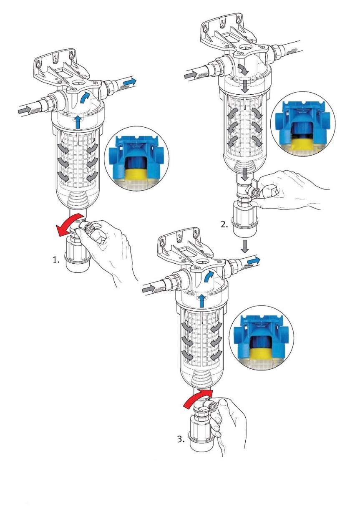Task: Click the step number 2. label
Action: (224, 224)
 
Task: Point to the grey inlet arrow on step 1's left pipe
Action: (25, 111)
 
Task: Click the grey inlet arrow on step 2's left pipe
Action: (190, 75)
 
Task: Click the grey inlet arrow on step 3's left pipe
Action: (148, 288)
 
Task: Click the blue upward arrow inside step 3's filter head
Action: (202, 300)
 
